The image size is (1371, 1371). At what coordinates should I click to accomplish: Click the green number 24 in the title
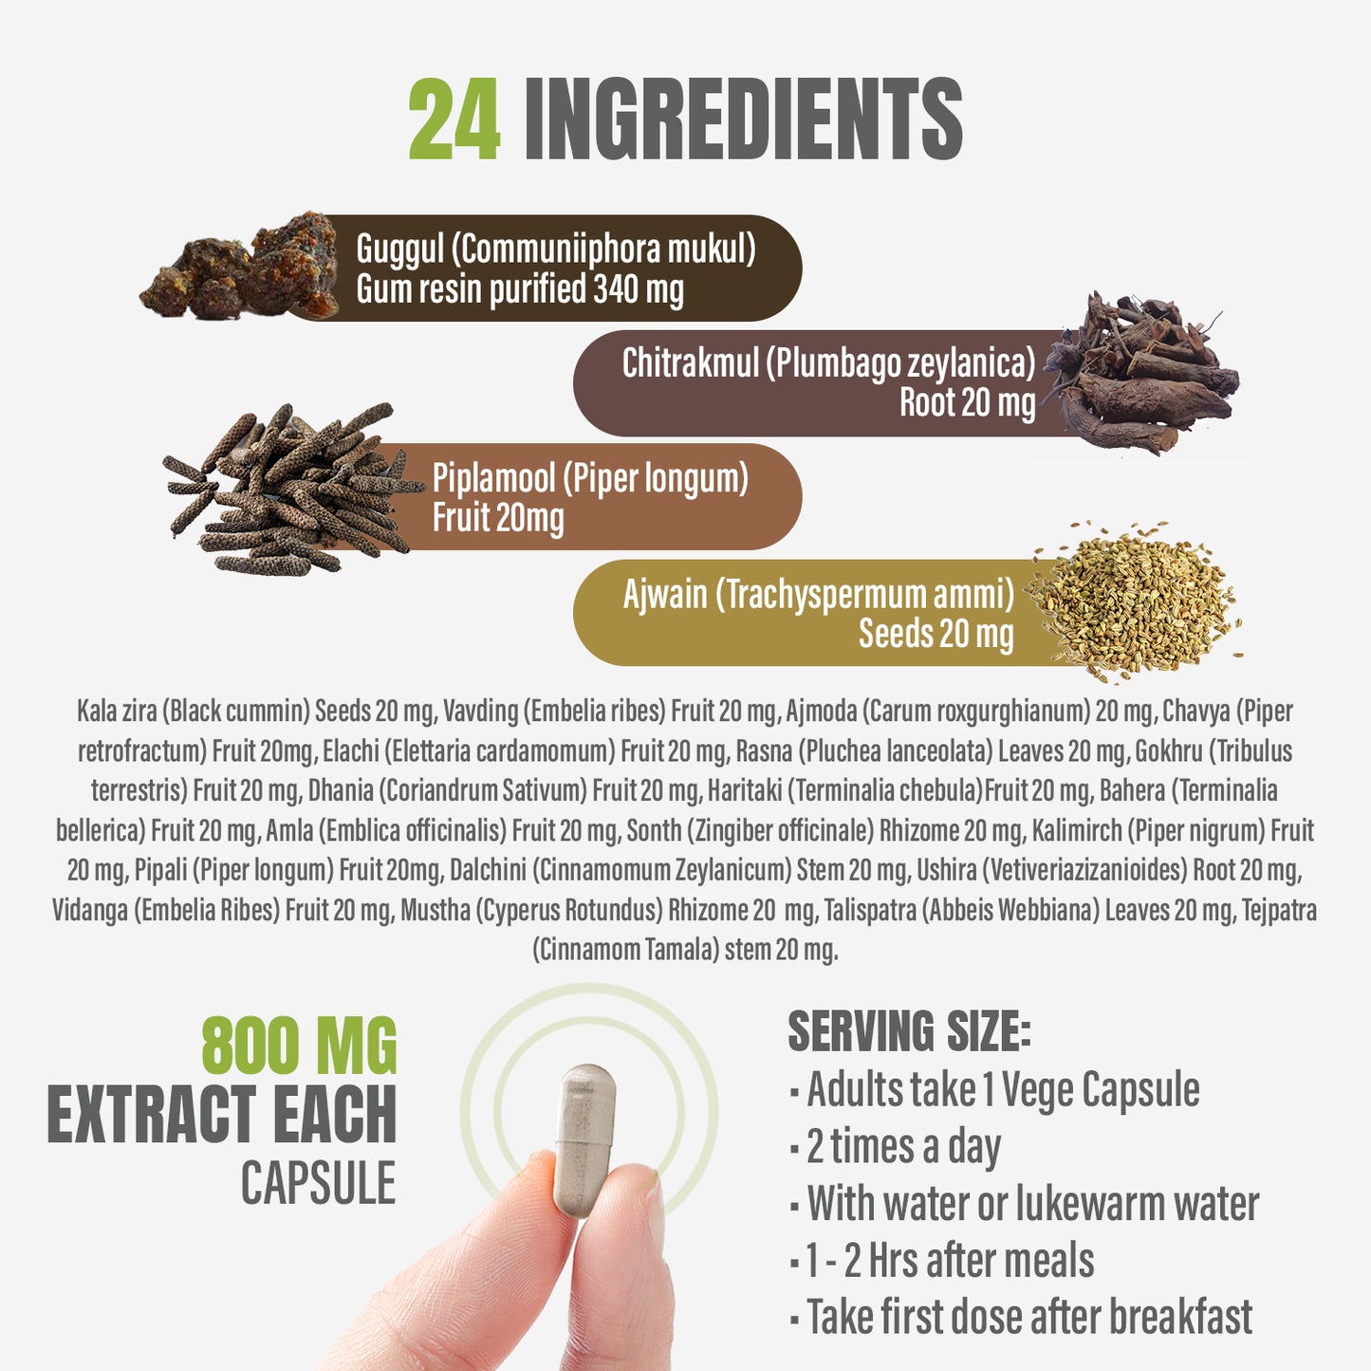click(454, 119)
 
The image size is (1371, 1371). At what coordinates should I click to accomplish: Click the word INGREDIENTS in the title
click(744, 119)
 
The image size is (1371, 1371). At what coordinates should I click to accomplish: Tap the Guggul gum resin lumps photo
click(240, 266)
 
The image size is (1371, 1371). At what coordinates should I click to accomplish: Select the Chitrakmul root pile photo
click(1142, 373)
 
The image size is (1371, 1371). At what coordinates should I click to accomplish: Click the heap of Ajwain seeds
click(1135, 602)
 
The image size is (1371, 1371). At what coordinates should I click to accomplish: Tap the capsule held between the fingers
click(584, 1140)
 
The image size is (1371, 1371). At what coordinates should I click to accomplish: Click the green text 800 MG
click(299, 1046)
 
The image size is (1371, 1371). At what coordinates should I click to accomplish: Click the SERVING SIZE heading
click(909, 1031)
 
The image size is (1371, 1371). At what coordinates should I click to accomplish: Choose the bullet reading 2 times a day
click(896, 1148)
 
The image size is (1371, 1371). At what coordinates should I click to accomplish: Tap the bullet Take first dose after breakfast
click(1022, 1316)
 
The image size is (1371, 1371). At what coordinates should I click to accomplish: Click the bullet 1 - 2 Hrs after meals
click(942, 1260)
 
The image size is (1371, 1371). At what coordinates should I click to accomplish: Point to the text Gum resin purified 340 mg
click(520, 289)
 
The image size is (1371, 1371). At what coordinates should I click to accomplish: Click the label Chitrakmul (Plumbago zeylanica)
click(829, 362)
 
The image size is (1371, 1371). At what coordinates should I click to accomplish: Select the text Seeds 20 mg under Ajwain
click(936, 633)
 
